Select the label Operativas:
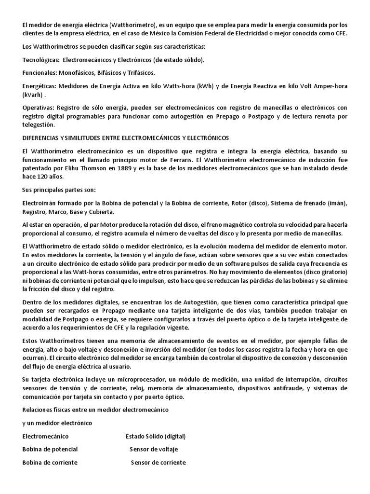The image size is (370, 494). coord(38,108)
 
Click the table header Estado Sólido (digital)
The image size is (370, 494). coord(156,436)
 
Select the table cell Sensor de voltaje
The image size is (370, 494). coord(154,449)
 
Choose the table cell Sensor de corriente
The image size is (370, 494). coord(158,462)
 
